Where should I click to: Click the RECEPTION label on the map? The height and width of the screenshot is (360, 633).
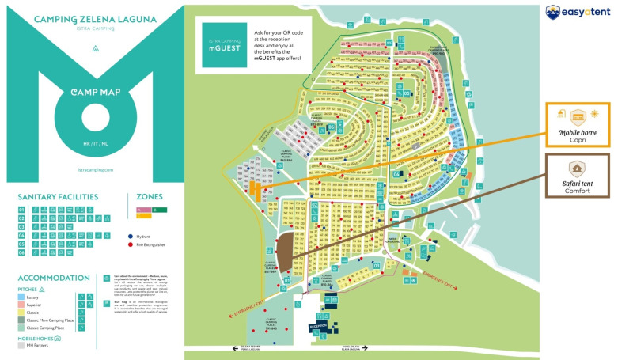(x=319, y=324)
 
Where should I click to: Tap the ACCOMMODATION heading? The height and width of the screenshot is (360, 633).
(x=54, y=278)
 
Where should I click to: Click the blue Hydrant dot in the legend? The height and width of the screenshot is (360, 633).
(x=130, y=236)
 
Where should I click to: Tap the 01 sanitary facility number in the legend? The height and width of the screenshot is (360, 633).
(x=22, y=209)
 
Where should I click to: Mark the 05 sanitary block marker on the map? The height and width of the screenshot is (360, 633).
(x=406, y=93)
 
